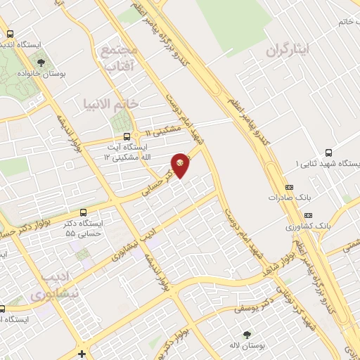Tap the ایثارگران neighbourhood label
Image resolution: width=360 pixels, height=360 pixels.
[x=288, y=51]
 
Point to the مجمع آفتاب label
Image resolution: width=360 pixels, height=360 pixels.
[x=122, y=59]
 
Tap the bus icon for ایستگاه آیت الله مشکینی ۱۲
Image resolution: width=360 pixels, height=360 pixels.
[x=126, y=136]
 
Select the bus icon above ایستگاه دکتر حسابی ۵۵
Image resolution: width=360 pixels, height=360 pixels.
[x=84, y=212]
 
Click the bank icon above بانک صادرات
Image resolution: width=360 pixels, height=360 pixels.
[x=289, y=187]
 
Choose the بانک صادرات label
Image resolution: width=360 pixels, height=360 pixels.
[x=289, y=198]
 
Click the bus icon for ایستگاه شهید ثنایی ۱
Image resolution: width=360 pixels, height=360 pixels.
[x=328, y=152]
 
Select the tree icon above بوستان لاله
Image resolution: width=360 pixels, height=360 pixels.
[x=246, y=335]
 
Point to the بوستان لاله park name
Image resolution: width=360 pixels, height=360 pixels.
[x=246, y=346]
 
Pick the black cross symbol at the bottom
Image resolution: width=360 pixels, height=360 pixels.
[x=82, y=353]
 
